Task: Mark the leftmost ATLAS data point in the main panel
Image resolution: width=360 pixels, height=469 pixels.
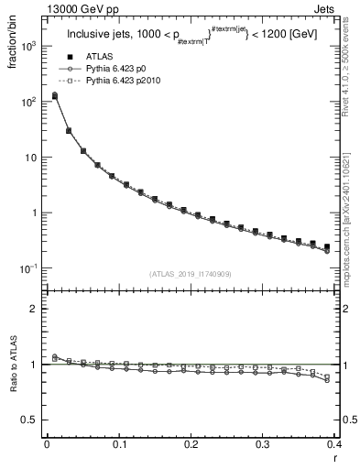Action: [54, 95]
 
